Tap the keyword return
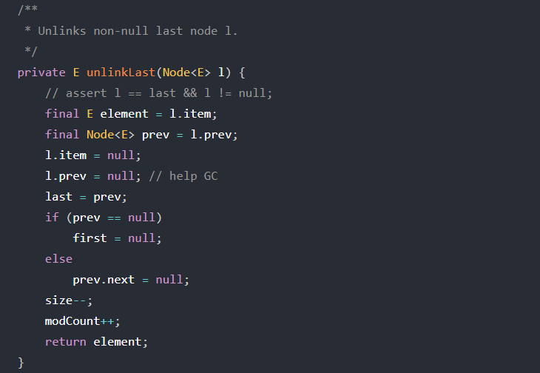point(65,342)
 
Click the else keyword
point(58,259)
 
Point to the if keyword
point(52,218)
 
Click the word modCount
point(72,321)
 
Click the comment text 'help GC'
point(193,176)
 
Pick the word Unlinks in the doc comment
point(62,31)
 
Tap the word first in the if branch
point(90,238)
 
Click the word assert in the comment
point(86,93)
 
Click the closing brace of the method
point(21,363)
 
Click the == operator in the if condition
point(114,218)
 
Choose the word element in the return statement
point(121,342)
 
